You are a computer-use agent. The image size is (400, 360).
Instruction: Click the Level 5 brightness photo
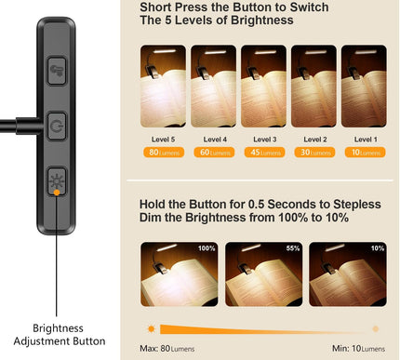click(x=163, y=73)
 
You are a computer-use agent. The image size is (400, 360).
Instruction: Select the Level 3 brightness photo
click(x=263, y=73)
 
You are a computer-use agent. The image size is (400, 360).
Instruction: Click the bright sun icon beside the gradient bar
click(x=150, y=329)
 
